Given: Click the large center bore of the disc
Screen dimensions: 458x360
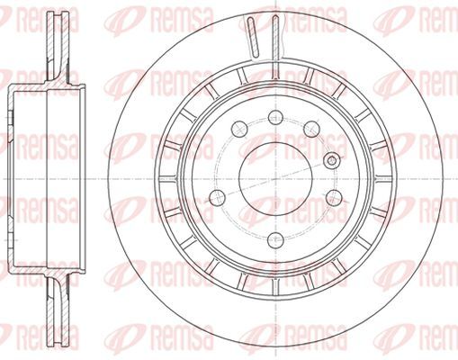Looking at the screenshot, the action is click(x=275, y=179).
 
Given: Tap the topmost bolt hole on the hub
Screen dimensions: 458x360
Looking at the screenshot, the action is click(x=276, y=118).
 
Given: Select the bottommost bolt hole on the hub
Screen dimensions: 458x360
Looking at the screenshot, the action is click(x=275, y=240).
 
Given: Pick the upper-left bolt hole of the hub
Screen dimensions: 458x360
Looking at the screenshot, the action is click(x=239, y=129).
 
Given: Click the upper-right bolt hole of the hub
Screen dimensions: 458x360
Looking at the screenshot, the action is click(x=311, y=129).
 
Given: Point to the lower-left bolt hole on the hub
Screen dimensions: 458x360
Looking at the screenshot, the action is click(x=217, y=197).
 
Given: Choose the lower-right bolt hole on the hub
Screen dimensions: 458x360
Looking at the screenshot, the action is click(x=334, y=197).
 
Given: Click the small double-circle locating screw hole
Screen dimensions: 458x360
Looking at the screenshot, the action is click(x=331, y=160).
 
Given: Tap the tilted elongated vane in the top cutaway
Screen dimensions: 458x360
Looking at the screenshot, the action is click(x=253, y=37).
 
